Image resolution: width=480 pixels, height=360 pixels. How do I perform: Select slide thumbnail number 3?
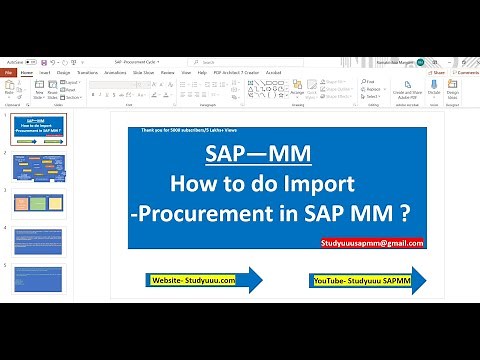[x=39, y=204]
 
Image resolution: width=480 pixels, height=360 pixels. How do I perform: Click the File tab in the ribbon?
[x=8, y=73]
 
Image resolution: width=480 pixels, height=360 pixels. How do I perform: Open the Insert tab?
[x=44, y=73]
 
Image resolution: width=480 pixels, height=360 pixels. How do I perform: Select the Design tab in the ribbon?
[x=63, y=73]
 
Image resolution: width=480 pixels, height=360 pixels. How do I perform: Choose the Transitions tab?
[x=87, y=73]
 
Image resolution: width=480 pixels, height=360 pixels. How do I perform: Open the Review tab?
[x=167, y=73]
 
